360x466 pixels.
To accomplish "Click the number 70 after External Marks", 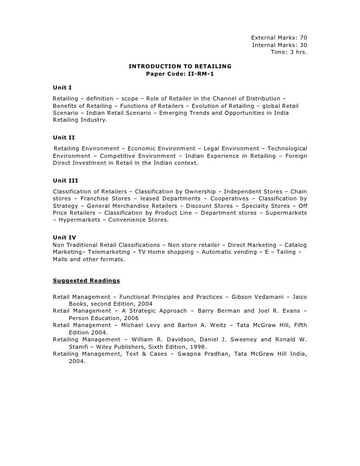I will [x=303, y=38].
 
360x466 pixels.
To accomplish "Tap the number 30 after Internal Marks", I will [x=303, y=45].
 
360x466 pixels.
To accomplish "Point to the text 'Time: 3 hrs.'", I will [x=289, y=52].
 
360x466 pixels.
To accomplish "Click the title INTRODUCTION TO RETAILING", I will [x=180, y=66].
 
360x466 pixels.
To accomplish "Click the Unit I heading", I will [x=62, y=88].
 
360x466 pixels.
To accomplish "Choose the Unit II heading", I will [x=64, y=138].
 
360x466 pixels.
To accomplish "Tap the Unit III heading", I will [x=65, y=181].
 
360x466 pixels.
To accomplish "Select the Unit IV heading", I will [x=64, y=237].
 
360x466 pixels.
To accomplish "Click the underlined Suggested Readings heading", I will [x=86, y=280].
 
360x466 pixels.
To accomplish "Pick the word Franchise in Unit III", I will [x=86, y=198].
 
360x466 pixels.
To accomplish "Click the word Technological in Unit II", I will [x=286, y=148].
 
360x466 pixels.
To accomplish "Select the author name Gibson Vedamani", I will [x=257, y=297].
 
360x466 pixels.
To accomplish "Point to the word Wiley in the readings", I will [x=103, y=347].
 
